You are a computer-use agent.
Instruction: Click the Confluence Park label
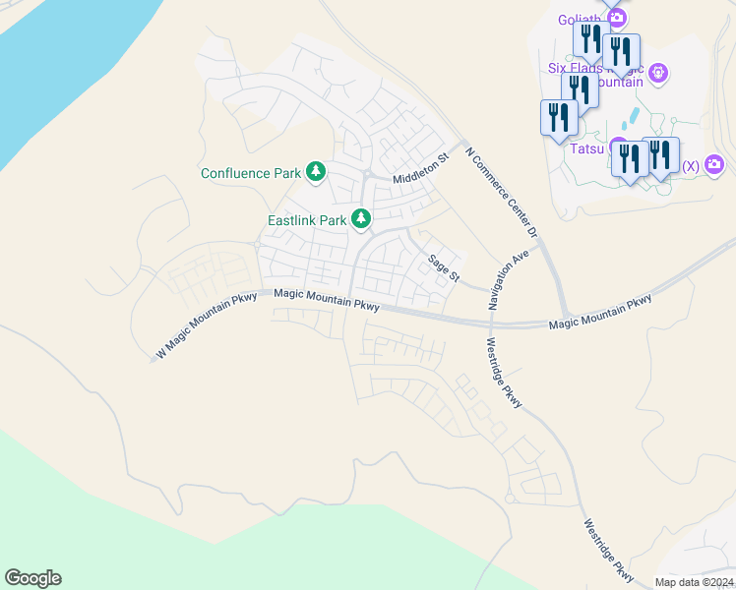pyautogui.click(x=251, y=173)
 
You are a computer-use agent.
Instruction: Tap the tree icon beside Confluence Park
pyautogui.click(x=316, y=173)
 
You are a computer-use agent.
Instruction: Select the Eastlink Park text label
pyautogui.click(x=307, y=220)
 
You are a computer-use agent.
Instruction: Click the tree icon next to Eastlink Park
pyautogui.click(x=362, y=218)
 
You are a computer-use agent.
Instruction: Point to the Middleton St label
pyautogui.click(x=420, y=168)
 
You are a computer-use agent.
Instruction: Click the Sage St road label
pyautogui.click(x=444, y=267)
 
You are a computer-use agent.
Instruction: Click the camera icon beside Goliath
pyautogui.click(x=617, y=18)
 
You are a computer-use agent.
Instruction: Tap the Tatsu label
pyautogui.click(x=586, y=150)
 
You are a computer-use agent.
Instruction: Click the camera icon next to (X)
pyautogui.click(x=714, y=164)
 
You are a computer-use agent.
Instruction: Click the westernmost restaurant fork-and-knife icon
pyautogui.click(x=558, y=117)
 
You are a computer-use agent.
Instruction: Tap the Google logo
pyautogui.click(x=32, y=578)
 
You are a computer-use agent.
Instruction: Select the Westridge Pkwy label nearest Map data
pyautogui.click(x=609, y=549)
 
